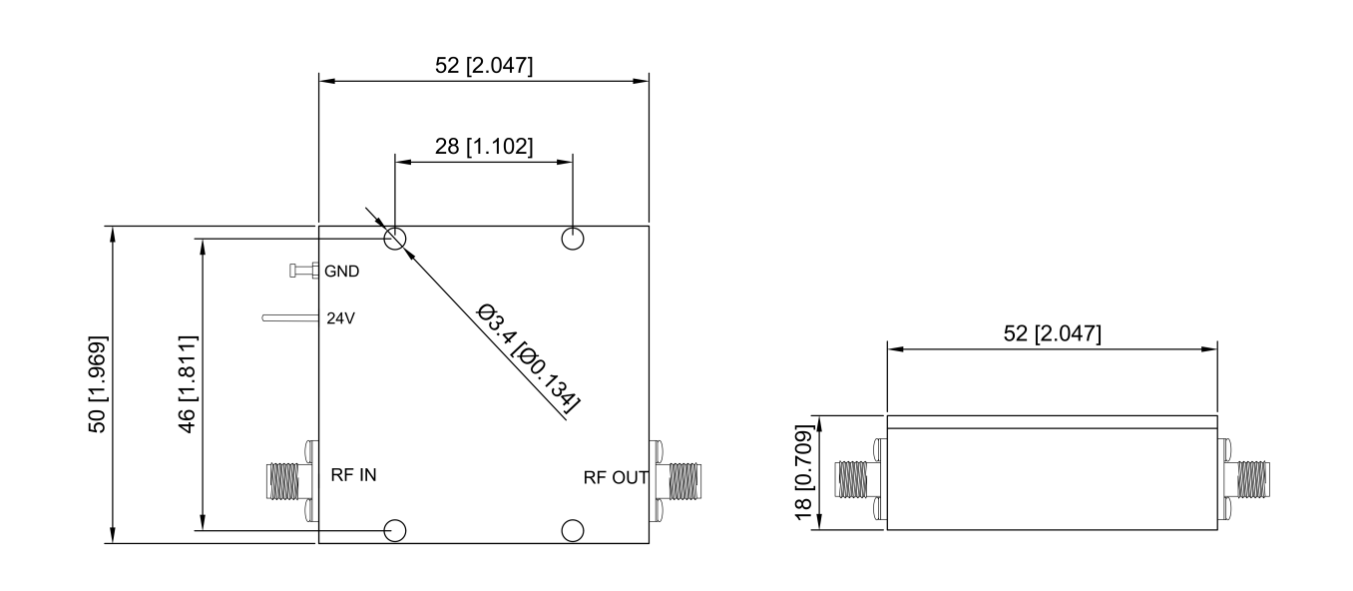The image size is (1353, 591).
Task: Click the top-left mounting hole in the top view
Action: tap(395, 239)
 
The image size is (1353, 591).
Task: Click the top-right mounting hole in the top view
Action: tap(573, 239)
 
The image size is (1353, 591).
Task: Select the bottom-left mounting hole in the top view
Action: tap(395, 529)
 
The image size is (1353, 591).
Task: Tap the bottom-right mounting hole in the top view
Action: tap(573, 529)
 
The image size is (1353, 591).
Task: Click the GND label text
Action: tap(342, 271)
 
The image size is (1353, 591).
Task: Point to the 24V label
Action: tap(341, 319)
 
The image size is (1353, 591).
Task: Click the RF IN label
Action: tap(353, 475)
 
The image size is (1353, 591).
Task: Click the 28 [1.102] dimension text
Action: tap(483, 146)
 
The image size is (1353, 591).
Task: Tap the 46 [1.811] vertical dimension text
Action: tap(188, 384)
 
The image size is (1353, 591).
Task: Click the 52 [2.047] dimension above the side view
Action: tap(1052, 333)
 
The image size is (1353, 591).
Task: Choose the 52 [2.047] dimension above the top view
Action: tap(483, 66)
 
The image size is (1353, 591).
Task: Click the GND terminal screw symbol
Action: tap(303, 271)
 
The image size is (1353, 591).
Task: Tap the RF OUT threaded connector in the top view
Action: tap(685, 481)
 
